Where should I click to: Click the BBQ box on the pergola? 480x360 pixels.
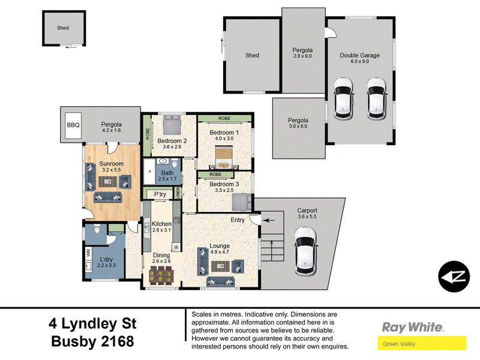pos(73,125)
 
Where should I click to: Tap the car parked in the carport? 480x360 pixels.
pos(305,251)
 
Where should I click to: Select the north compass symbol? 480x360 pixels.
pos(454,277)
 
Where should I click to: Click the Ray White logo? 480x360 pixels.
pos(412,327)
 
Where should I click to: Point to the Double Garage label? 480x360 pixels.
pos(359,55)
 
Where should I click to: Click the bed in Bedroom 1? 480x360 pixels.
pos(224,157)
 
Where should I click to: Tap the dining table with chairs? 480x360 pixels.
pos(161,274)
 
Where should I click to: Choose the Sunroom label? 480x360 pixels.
pos(111,164)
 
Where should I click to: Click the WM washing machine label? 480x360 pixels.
pos(89,253)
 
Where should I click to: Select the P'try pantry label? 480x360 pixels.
pos(160,194)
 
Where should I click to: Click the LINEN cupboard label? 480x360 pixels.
pos(178,193)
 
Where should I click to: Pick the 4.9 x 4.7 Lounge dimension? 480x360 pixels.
pos(220,252)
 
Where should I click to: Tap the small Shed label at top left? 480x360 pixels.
pos(63,28)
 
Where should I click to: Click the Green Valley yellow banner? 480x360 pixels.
pos(422,343)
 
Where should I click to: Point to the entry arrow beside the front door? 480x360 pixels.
pos(268,220)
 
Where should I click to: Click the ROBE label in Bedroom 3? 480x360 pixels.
pos(215,175)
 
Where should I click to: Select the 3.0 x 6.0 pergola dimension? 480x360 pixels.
pos(298,126)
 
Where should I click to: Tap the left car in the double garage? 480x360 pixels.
pos(343,98)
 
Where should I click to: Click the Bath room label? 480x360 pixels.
pos(167,173)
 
